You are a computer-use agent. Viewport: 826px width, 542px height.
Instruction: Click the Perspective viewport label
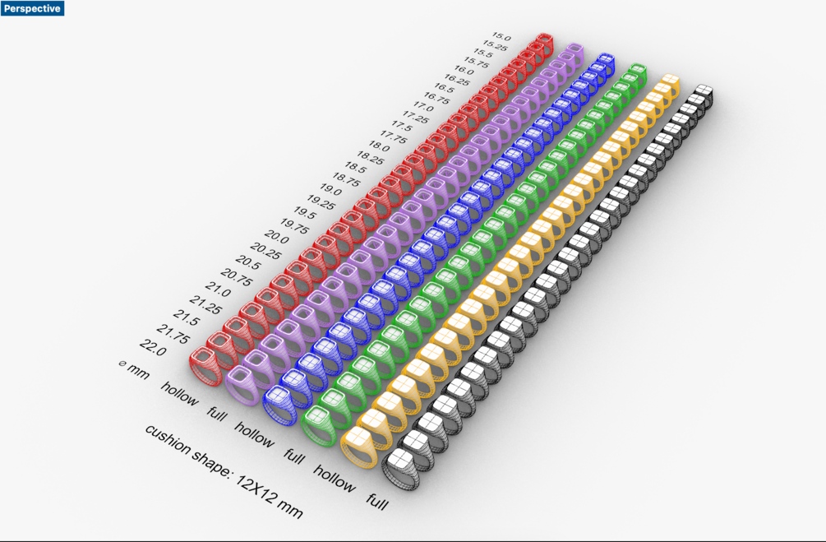click(32, 8)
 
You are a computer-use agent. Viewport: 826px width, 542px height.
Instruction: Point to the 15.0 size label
click(501, 37)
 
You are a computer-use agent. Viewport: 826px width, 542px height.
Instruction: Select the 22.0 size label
click(153, 347)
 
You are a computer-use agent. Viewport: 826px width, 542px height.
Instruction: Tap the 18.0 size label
click(379, 146)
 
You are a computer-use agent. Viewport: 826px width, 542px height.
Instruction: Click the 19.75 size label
click(294, 226)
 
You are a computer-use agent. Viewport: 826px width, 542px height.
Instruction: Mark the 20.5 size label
click(248, 262)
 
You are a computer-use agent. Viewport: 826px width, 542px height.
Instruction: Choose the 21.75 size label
click(173, 334)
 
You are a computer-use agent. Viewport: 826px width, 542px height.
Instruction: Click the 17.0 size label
click(423, 107)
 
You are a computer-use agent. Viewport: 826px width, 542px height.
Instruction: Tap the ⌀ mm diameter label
click(134, 369)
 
